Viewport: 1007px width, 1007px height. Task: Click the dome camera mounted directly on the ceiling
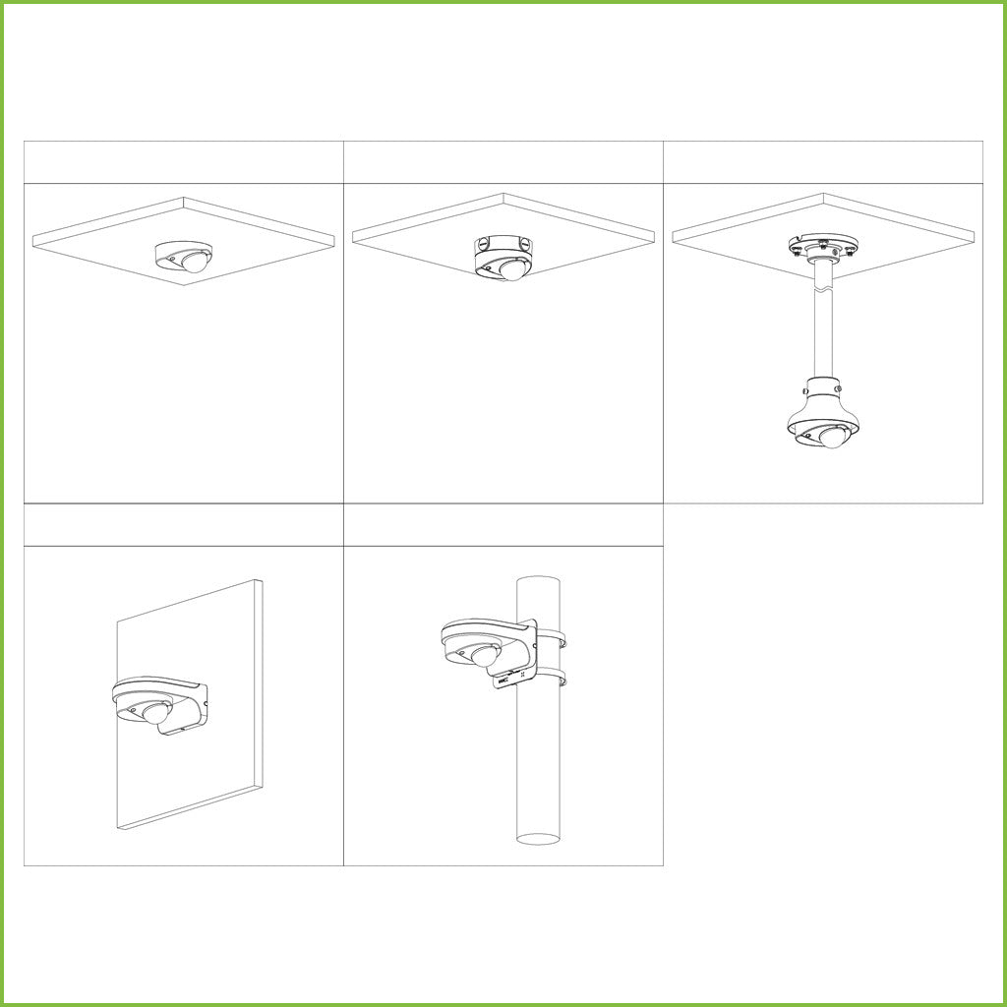coord(184,257)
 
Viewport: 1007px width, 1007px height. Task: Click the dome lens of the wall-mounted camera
coord(158,714)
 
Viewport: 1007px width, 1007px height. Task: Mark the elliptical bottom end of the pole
coord(538,840)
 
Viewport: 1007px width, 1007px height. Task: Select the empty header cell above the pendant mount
coord(823,162)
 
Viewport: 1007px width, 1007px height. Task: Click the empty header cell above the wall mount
coord(183,525)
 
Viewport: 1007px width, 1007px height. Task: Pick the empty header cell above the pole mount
coord(503,525)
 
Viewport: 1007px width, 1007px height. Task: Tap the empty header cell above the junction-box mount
coord(503,162)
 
